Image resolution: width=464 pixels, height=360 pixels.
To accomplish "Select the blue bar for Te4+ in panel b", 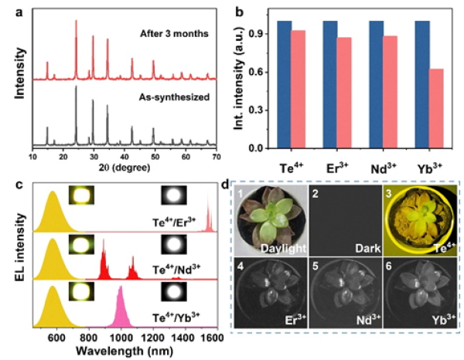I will [283, 85].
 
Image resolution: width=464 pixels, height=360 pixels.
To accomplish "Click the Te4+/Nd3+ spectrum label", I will [176, 271].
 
